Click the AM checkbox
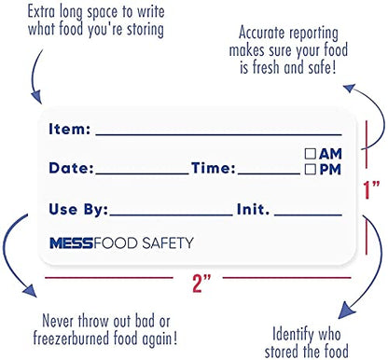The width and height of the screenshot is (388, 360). (x=311, y=154)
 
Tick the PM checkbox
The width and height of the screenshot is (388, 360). (x=311, y=170)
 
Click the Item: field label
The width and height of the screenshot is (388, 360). (x=70, y=129)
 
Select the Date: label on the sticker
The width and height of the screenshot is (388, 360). (x=71, y=168)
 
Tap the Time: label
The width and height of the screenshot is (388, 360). (x=214, y=168)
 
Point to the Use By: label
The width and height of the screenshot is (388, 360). (x=78, y=210)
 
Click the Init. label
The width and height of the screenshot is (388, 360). (x=253, y=209)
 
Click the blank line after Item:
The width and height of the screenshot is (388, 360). (x=219, y=135)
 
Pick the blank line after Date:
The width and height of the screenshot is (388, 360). (x=142, y=173)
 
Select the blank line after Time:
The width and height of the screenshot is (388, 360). (x=269, y=173)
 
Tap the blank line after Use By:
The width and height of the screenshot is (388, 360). (x=172, y=215)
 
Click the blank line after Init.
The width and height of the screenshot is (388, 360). (x=308, y=215)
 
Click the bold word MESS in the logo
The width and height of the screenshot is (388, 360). (x=72, y=243)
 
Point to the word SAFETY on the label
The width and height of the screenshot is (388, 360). (x=168, y=242)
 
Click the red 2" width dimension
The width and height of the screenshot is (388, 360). (x=201, y=283)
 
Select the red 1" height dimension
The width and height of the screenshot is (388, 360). (x=371, y=189)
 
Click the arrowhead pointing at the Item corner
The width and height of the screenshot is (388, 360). (x=36, y=97)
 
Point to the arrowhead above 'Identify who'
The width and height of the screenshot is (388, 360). (x=346, y=310)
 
